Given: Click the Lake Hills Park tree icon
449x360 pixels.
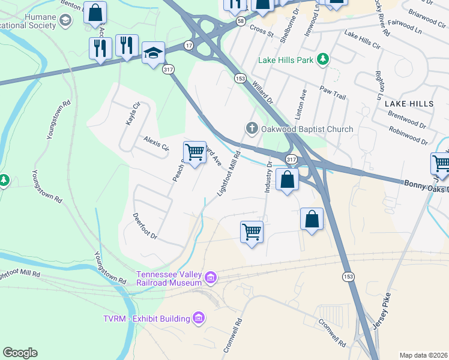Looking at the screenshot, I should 324,59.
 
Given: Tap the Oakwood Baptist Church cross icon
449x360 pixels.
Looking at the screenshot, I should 252,128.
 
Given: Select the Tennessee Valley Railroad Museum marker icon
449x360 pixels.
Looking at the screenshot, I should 210,277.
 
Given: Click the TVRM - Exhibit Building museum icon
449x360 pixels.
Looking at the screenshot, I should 199,317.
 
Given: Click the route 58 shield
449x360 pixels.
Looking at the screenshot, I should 240,21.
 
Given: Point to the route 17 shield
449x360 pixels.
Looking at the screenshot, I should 188,46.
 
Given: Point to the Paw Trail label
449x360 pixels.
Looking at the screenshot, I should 333,92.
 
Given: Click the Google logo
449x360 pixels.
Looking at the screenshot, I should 20,352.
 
